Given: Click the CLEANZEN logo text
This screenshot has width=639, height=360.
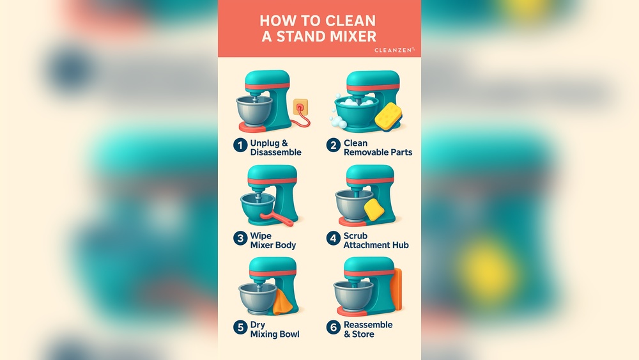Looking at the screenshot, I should click(394, 49).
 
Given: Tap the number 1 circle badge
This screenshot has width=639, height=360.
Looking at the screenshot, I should click(240, 146).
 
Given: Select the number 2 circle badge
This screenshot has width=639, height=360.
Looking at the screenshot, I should click(333, 146).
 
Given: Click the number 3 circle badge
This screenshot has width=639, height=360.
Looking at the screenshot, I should click(240, 239).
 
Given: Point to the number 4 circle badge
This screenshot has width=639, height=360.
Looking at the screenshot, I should click(333, 239).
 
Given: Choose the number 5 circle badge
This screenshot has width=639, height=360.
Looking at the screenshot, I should click(240, 327).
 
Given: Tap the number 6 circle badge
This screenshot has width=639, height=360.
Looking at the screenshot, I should click(333, 327).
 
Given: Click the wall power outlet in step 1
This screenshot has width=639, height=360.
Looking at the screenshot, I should click(300, 106).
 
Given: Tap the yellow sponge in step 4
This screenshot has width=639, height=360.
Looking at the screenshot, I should click(373, 210).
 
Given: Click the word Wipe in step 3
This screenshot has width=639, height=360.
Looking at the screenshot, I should click(261, 236).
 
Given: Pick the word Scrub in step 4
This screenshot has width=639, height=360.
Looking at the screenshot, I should click(355, 236).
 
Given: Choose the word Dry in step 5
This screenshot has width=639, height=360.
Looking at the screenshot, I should click(258, 325).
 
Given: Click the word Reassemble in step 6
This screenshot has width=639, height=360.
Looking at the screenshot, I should click(368, 325).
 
